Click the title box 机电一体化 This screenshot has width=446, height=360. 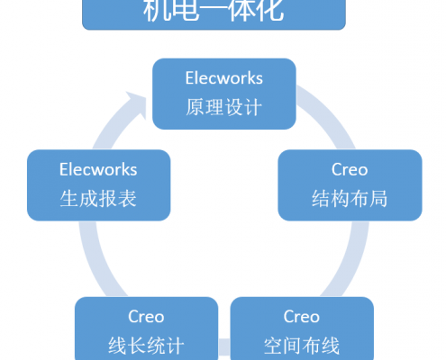(214, 14)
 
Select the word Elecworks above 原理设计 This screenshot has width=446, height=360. (224, 78)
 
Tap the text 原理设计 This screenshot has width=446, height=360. (224, 107)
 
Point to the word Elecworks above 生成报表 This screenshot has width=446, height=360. (98, 169)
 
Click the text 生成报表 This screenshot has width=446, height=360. (98, 198)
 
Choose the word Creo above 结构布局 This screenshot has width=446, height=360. (350, 169)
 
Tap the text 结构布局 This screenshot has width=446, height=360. (350, 198)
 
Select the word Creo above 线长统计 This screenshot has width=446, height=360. (146, 317)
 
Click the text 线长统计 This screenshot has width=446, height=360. (146, 346)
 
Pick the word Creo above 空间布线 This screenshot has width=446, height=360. (302, 317)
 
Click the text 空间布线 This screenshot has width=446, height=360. (302, 346)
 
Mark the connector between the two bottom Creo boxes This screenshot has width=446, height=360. (224, 346)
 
